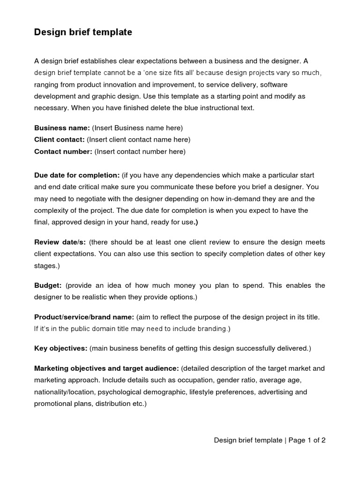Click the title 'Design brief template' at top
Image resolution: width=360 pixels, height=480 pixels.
pyautogui.click(x=83, y=32)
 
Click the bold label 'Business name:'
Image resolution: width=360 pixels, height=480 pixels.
pyautogui.click(x=62, y=127)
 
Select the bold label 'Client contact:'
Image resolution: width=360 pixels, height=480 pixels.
pyautogui.click(x=60, y=139)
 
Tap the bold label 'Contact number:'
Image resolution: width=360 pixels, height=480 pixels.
pyautogui.click(x=63, y=151)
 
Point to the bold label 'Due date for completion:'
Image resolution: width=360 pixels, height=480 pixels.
pyautogui.click(x=77, y=175)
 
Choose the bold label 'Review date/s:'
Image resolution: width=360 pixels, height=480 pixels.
pyautogui.click(x=60, y=242)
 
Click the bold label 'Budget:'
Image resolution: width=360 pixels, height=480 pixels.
pyautogui.click(x=48, y=285)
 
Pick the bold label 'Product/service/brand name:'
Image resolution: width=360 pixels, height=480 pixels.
pyautogui.click(x=84, y=317)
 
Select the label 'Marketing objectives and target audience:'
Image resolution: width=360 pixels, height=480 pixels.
pyautogui.click(x=106, y=368)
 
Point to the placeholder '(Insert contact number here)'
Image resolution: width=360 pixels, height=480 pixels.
pyautogui.click(x=140, y=151)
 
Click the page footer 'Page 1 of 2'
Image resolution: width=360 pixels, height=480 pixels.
pyautogui.click(x=307, y=440)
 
